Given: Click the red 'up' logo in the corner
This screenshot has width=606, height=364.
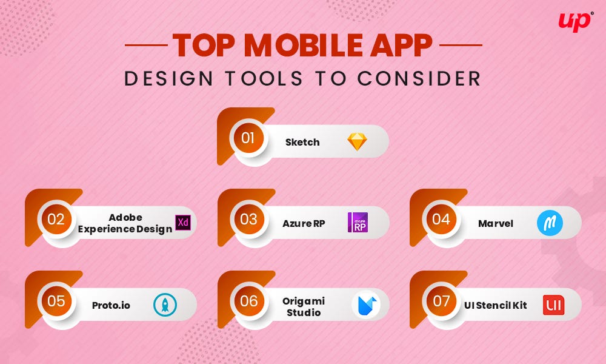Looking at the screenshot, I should tap(574, 21).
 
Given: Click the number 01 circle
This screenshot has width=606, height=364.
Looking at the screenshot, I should tap(248, 138).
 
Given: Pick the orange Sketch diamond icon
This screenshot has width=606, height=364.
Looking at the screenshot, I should tap(357, 141).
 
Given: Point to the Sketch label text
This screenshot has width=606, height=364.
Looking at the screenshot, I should tap(302, 142).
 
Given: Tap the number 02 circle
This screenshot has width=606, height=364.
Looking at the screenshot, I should tap(56, 219).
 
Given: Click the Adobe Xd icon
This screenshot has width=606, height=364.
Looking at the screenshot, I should tap(182, 223).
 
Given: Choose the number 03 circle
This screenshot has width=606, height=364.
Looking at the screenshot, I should tap(248, 219).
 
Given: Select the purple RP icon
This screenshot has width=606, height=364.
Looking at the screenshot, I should tap(358, 223).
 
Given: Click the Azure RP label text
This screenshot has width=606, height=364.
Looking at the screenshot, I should tap(304, 223).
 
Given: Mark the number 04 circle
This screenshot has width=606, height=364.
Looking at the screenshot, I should tap(441, 219).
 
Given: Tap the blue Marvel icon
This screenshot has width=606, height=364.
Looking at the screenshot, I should tap(550, 223).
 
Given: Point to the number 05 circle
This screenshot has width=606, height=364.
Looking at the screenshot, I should tap(56, 301).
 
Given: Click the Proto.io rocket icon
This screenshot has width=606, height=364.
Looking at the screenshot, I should tap(165, 305).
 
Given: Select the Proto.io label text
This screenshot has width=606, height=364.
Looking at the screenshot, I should tap(111, 305).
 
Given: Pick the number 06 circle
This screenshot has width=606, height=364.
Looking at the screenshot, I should tap(248, 301).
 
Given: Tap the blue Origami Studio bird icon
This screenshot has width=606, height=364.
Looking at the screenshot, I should tap(366, 305).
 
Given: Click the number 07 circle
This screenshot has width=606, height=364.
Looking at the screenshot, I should tap(441, 301).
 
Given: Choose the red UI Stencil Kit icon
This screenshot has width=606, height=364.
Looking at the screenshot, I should tap(553, 305).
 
